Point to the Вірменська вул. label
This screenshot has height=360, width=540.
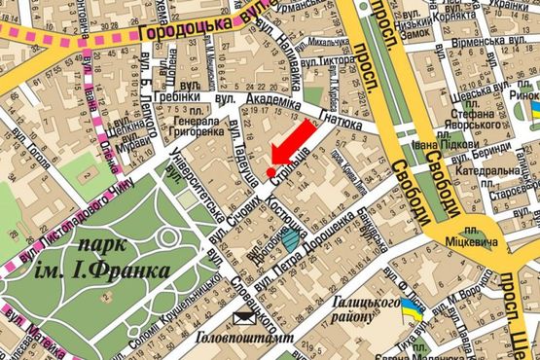(x=493, y=44)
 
